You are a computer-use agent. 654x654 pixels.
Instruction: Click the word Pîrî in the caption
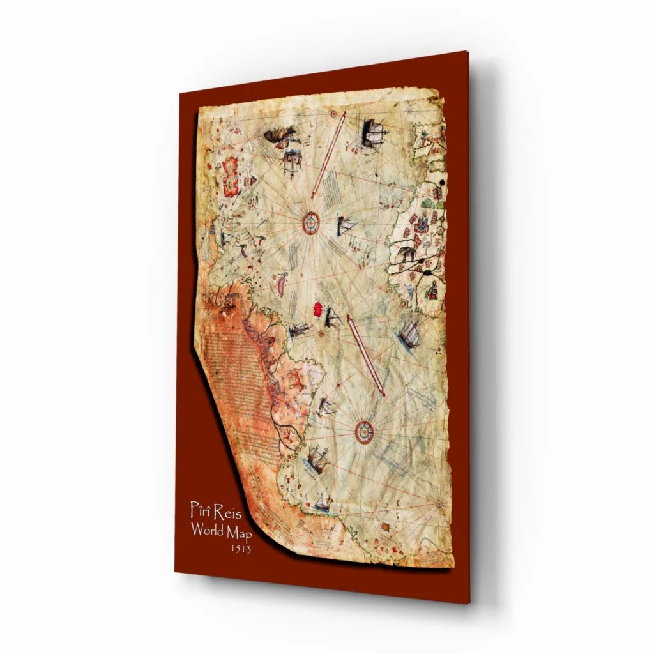tap(201, 510)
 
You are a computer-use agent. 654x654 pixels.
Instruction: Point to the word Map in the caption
tap(240, 532)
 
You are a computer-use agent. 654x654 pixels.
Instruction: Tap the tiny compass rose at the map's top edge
tap(335, 114)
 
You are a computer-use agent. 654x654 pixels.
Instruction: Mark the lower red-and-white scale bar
tap(366, 354)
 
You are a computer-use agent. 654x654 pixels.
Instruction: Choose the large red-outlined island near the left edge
tap(229, 177)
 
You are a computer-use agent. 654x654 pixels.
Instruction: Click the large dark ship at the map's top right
tap(373, 132)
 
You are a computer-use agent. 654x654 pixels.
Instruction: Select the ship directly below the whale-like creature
tap(291, 160)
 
